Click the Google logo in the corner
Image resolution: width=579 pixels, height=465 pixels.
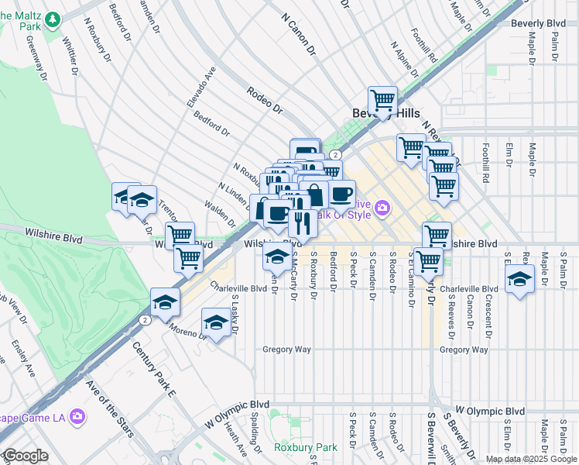[25, 456]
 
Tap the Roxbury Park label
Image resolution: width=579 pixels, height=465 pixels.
[306, 448]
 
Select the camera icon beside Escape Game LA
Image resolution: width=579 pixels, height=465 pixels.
[77, 417]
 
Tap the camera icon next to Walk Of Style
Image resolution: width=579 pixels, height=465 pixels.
[382, 208]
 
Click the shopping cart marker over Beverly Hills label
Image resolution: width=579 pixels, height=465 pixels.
[382, 101]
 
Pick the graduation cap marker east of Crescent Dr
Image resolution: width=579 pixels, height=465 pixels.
[519, 280]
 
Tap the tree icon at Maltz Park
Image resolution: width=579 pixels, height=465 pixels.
[53, 19]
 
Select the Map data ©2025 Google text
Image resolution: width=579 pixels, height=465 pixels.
[530, 459]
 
